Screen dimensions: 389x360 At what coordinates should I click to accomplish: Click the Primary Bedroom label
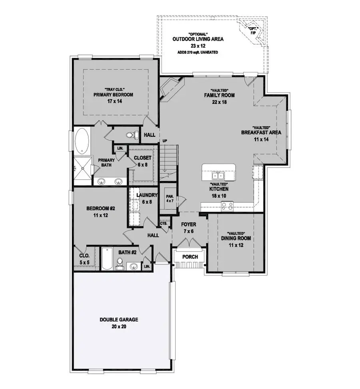pos(113,95)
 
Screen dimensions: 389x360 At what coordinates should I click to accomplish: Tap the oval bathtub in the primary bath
pos(83,141)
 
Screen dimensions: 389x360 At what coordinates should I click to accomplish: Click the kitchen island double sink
pos(218,176)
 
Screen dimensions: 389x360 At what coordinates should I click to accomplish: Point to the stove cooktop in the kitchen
pos(227,205)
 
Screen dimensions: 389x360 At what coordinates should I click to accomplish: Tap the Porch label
pos(190,256)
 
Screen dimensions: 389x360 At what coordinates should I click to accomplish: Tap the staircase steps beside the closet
pos(168,160)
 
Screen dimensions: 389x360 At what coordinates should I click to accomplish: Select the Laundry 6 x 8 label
pos(144,198)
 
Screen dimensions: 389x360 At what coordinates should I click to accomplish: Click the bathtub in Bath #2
pos(106,259)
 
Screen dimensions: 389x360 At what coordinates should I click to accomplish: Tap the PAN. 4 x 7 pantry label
pos(170,198)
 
